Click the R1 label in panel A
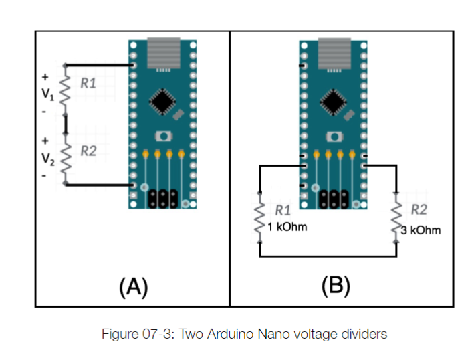click(x=88, y=84)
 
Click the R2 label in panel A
click(x=88, y=151)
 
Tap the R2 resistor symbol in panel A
click(x=66, y=158)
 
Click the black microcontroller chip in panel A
click(x=162, y=101)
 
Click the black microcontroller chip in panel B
click(x=334, y=101)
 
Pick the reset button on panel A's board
click(x=162, y=136)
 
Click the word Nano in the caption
click(x=281, y=334)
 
